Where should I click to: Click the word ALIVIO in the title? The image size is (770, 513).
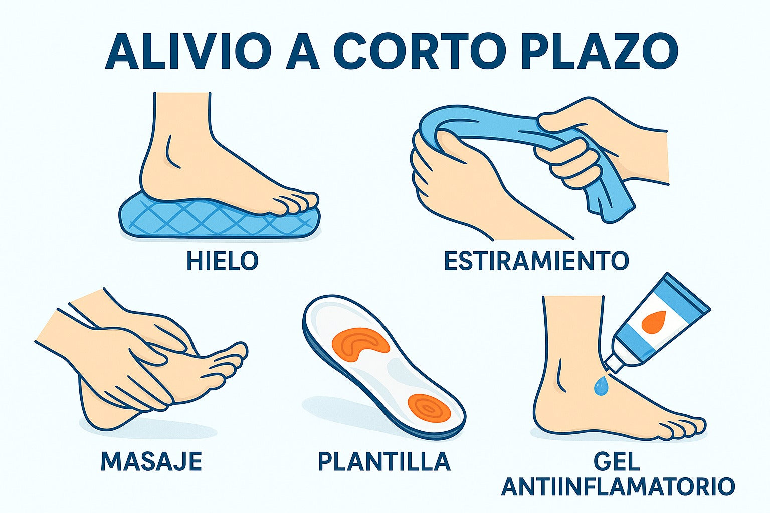point(186,51)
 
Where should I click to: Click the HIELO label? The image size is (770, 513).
point(223,261)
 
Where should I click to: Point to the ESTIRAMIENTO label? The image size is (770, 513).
point(536,261)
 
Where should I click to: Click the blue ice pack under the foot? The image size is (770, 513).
point(220,220)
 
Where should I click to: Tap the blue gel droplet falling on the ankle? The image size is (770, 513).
point(601,386)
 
